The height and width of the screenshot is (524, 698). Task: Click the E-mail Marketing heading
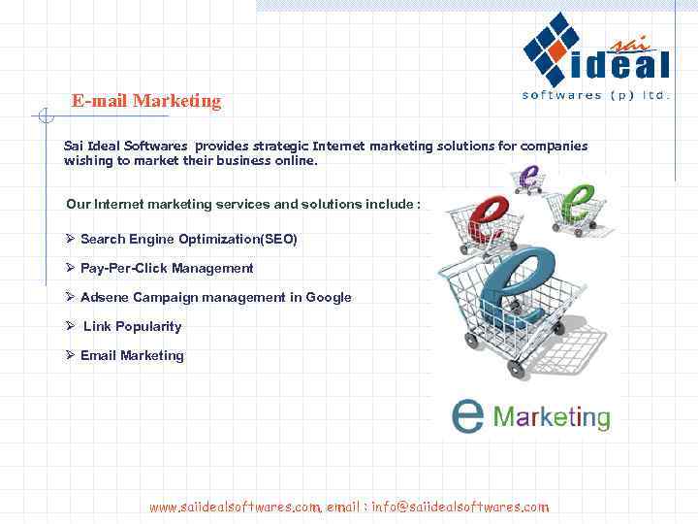pos(146,101)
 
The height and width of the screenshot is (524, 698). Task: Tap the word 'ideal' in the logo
pos(620,66)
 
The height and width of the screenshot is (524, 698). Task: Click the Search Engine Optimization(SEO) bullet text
pos(188,239)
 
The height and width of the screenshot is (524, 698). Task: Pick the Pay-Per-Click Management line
pos(167,268)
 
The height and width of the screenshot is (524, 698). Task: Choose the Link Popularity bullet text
pos(132,326)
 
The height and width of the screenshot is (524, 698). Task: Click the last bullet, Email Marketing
pos(132,355)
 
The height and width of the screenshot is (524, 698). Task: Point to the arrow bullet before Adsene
pos(70,297)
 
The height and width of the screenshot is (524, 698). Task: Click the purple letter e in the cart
pos(528,178)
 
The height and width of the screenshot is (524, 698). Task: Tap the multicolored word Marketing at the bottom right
pos(552,417)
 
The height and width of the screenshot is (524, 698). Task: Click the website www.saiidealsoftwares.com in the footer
pos(235,507)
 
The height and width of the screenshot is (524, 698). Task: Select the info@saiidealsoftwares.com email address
pos(460,507)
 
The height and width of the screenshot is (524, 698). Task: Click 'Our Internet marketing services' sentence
pos(242,204)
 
